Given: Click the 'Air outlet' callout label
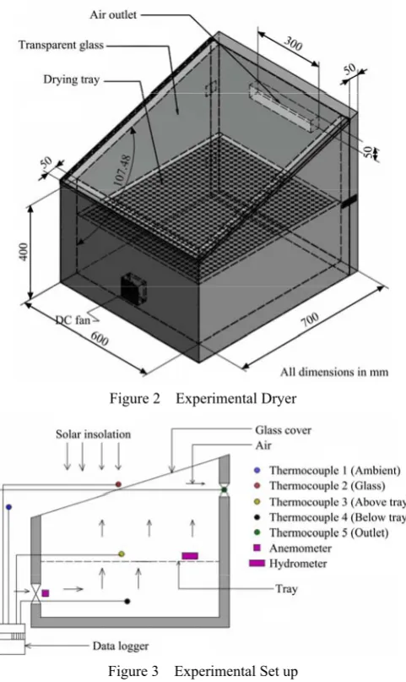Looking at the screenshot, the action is [113, 14].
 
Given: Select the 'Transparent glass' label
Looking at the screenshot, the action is [61, 45].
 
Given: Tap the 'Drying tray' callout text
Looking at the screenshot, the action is [71, 79].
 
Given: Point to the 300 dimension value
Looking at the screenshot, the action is [293, 43].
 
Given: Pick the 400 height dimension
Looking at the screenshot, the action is [24, 251].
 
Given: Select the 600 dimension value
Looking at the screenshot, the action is [99, 338].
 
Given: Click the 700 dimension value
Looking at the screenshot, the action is [310, 319].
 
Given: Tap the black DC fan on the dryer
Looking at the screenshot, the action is [133, 287].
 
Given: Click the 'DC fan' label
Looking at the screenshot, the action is [73, 320].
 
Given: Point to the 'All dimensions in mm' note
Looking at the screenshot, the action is [334, 373].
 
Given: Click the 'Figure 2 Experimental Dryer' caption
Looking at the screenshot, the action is [203, 398].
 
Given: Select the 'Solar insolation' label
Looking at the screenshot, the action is [93, 434].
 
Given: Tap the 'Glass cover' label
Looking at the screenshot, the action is [283, 430].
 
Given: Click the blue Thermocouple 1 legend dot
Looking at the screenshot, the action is [257, 470].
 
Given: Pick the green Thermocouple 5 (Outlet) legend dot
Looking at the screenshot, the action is [257, 532].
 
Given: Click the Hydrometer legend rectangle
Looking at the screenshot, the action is [257, 563].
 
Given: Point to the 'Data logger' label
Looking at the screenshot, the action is [120, 647].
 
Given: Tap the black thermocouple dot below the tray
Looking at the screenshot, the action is [127, 601].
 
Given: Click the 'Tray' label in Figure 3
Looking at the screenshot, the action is [286, 589].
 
